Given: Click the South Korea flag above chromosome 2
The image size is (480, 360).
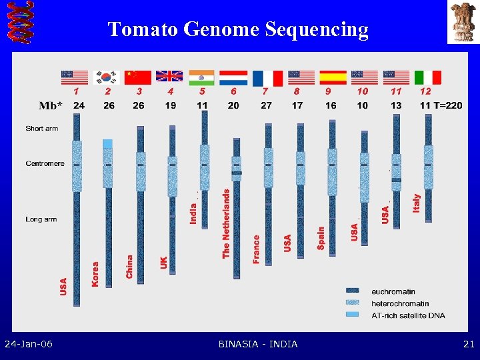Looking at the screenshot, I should point(106,77).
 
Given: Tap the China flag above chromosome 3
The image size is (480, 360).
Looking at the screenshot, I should point(138,77).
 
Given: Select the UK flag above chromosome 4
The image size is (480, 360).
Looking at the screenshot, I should point(169,77).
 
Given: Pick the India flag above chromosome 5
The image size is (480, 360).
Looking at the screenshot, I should point(201,77).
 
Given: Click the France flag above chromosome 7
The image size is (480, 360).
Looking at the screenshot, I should point(267,77).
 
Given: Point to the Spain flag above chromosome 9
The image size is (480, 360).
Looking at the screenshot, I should point(332,77).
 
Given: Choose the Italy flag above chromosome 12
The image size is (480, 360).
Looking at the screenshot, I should point(428,77).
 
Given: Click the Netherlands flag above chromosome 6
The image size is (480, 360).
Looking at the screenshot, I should point(234,77).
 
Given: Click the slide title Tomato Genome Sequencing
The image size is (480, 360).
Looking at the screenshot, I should point(238,29).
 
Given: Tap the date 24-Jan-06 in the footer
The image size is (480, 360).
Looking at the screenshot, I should point(29,344).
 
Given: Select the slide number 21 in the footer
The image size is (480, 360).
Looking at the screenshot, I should point(468,344).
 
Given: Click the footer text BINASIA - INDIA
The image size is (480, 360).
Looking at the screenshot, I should point(258,344).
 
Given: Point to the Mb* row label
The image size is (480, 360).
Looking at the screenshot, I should point(51,105).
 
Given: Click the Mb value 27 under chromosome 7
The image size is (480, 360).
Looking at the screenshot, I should point(266,105).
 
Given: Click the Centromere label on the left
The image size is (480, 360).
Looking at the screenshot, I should point(45,163).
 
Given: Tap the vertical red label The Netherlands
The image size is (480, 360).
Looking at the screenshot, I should point(226,223).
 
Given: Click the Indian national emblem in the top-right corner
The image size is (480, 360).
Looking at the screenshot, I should point(463,22).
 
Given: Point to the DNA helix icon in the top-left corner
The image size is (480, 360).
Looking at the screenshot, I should point(18,23).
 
